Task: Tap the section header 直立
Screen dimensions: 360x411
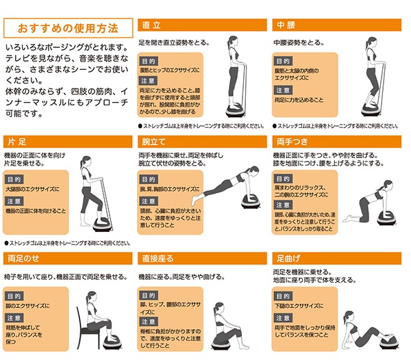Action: pos(151,25)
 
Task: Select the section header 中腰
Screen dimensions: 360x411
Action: pos(286,25)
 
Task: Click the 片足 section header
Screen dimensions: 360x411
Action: pos(17,143)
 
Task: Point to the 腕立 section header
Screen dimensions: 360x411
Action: pos(151,143)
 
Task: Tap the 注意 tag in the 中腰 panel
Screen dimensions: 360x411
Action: pos(283,90)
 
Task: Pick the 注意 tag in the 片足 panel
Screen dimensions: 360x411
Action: pos(16,201)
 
